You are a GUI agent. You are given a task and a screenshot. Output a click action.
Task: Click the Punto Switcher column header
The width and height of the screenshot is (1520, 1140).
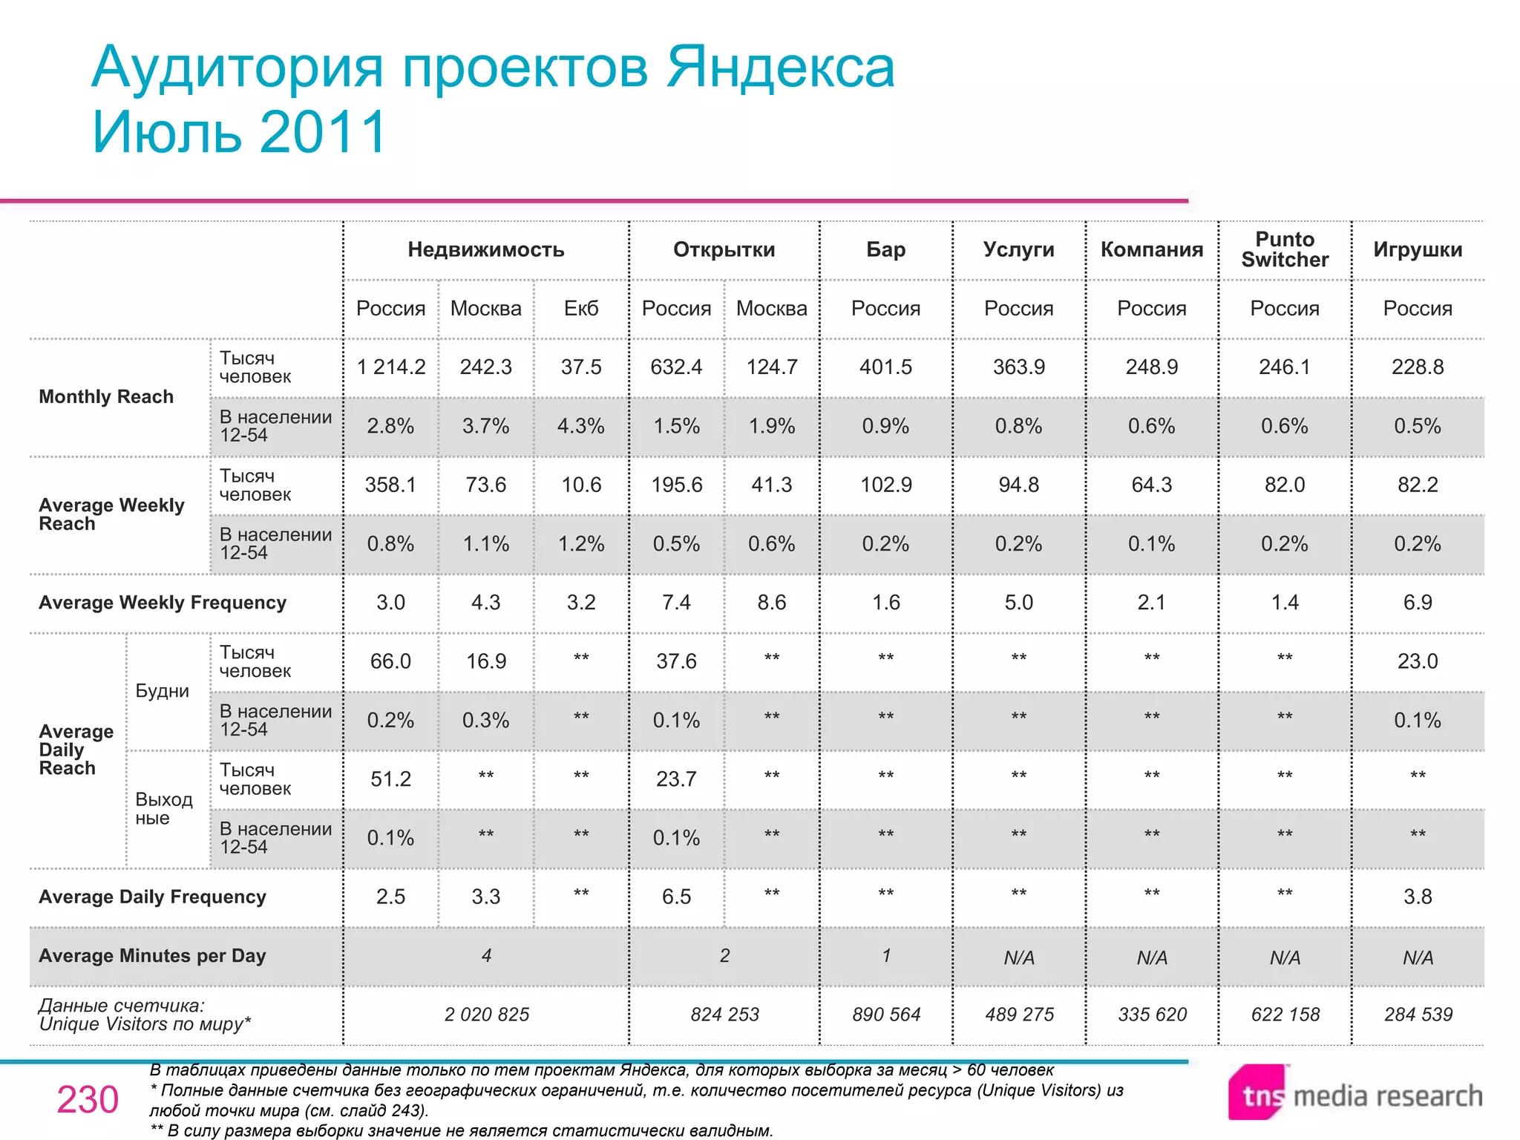[1285, 250]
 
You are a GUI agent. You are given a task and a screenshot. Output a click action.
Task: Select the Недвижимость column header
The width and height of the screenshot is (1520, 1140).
[486, 250]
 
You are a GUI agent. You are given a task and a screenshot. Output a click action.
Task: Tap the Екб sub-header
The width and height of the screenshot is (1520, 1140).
[581, 309]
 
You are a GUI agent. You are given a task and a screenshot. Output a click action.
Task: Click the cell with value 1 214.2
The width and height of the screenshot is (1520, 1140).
[391, 367]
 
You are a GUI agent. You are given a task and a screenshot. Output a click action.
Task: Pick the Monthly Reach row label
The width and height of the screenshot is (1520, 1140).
[106, 397]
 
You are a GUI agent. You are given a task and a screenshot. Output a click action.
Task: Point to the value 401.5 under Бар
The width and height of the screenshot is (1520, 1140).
[885, 367]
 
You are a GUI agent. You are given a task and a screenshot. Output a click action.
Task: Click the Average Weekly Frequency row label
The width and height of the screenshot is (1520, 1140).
[163, 603]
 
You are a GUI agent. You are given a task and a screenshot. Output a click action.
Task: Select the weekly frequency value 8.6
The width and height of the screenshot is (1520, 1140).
[772, 603]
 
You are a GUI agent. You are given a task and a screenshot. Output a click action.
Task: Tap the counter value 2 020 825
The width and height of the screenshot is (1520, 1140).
[487, 1015]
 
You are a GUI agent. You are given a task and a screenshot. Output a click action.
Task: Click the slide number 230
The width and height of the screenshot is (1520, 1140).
[88, 1100]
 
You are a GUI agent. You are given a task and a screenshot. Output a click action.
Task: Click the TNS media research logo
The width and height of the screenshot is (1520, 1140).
[1355, 1094]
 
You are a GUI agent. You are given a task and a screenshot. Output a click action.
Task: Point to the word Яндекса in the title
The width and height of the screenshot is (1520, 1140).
[780, 68]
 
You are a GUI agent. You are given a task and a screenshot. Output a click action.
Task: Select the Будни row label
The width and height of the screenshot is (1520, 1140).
[162, 691]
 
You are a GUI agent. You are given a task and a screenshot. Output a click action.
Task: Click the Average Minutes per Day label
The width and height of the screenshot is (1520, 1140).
[152, 956]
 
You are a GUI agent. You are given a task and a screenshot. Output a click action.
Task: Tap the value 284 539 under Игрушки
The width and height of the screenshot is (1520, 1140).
[1418, 1015]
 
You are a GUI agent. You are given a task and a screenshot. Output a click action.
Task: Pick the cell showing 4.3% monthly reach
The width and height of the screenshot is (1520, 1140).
[581, 427]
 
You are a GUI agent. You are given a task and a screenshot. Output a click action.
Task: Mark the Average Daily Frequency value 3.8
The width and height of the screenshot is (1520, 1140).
[1418, 897]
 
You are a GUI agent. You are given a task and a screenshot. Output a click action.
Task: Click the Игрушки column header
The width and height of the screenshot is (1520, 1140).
[1418, 250]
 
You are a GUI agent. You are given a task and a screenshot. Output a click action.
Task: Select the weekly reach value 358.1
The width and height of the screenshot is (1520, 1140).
[391, 485]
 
